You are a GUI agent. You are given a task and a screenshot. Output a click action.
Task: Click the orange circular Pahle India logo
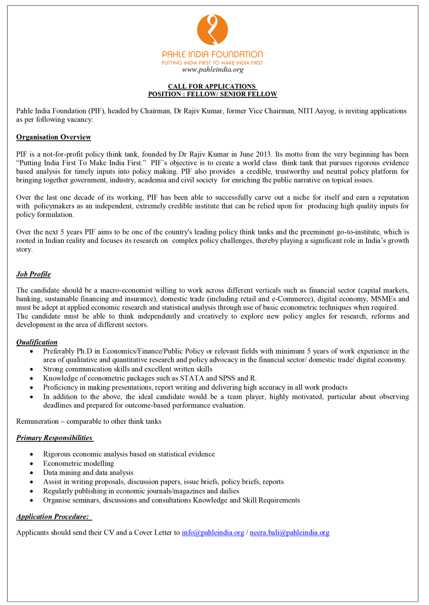pyautogui.click(x=212, y=30)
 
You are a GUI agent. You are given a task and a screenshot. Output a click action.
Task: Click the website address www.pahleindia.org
pyautogui.click(x=212, y=70)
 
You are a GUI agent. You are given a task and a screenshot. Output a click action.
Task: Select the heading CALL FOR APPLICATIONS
pyautogui.click(x=212, y=86)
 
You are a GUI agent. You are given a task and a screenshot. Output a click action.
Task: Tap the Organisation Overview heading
pyautogui.click(x=54, y=137)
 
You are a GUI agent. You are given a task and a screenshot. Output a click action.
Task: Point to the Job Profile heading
pyautogui.click(x=33, y=274)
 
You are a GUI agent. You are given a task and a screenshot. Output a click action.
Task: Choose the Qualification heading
pyautogui.click(x=37, y=342)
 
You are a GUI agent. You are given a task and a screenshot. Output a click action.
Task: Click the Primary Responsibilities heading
pyautogui.click(x=54, y=438)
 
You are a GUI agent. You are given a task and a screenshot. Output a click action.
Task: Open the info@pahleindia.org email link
pyautogui.click(x=213, y=532)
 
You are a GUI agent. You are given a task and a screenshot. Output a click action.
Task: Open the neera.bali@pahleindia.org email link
pyautogui.click(x=290, y=532)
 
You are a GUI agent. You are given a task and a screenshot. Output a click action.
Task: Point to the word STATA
pyautogui.click(x=192, y=378)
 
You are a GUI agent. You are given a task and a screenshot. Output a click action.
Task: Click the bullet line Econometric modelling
pyautogui.click(x=79, y=463)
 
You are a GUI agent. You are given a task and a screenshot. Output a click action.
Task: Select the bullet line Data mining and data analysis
pyautogui.click(x=88, y=472)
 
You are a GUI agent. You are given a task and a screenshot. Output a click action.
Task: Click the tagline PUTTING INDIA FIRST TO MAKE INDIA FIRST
pyautogui.click(x=212, y=63)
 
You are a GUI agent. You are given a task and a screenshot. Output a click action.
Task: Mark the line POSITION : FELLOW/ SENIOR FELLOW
pyautogui.click(x=212, y=94)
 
